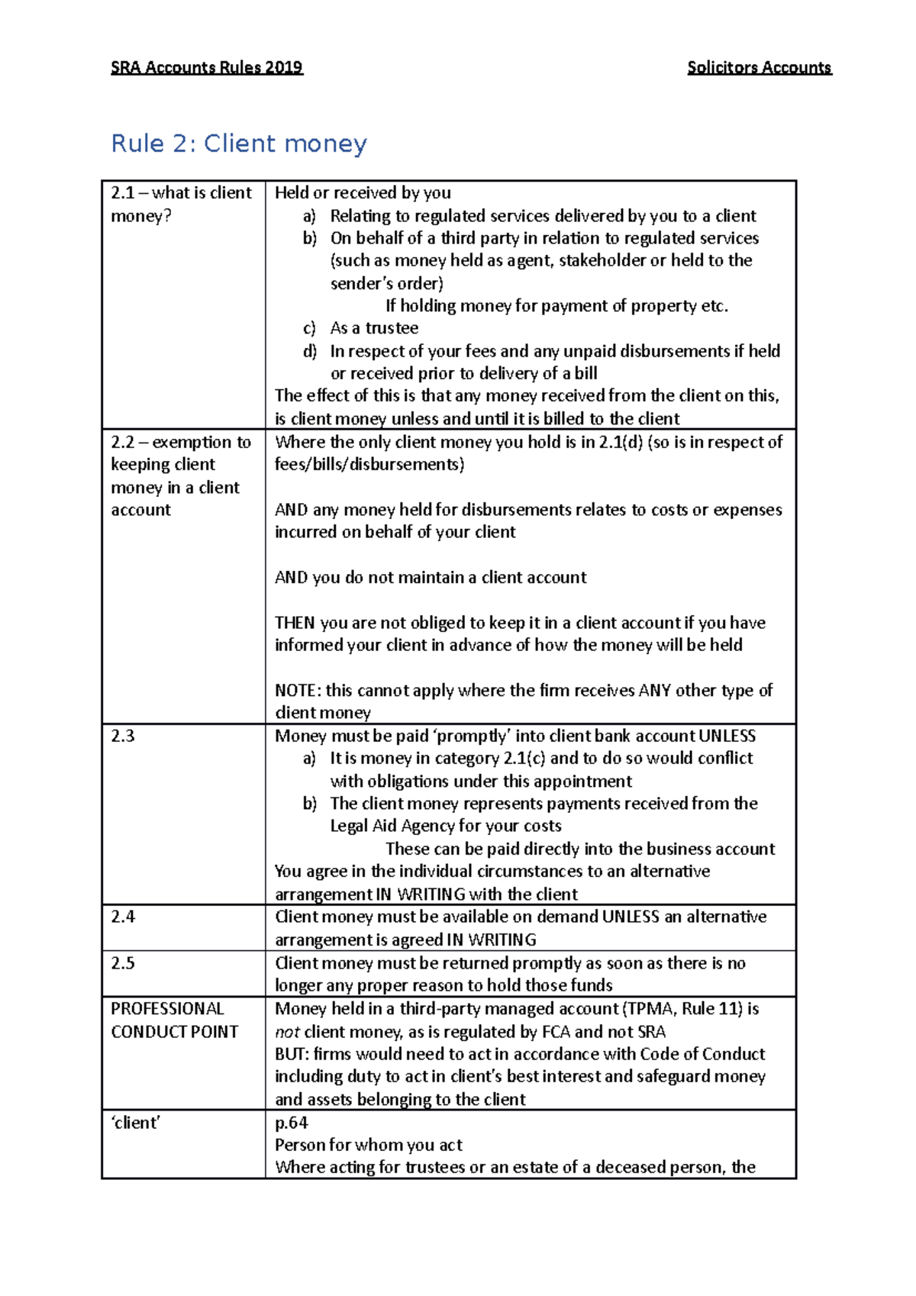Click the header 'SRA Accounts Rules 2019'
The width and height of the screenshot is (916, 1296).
point(207,67)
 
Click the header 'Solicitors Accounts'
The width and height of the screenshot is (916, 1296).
point(759,67)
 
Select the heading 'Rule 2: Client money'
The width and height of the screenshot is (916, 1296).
point(239,143)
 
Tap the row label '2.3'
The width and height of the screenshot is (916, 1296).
point(123,736)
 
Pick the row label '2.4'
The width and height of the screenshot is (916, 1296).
point(123,917)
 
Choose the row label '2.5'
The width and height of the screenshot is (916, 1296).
point(123,963)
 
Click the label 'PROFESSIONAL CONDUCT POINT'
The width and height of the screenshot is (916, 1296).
point(174,1020)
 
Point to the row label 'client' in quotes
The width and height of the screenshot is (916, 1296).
point(136,1123)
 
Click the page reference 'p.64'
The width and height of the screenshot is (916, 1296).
point(291,1123)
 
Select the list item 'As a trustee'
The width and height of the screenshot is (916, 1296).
point(374,328)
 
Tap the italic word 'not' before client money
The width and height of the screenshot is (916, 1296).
point(287,1032)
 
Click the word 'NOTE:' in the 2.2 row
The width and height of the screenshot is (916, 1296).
point(298,691)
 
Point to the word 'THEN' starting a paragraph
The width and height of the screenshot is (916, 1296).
point(295,623)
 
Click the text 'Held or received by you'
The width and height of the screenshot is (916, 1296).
point(363,193)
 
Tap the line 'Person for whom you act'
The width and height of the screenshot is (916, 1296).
point(369,1145)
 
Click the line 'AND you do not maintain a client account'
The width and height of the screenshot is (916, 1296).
point(431,578)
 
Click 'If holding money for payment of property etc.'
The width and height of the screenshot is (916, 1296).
point(556,306)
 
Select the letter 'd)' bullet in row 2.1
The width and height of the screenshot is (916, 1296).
point(309,351)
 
